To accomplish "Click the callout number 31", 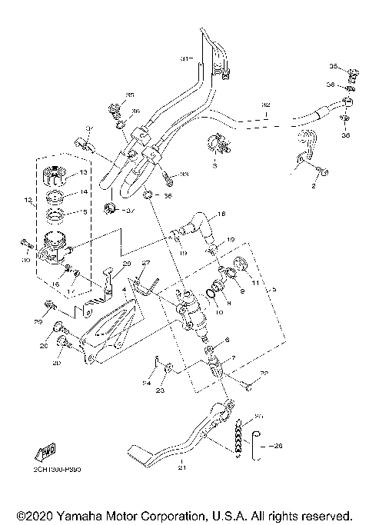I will [x=184, y=59].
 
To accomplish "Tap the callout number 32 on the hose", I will [x=266, y=105].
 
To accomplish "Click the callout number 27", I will [x=144, y=264].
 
